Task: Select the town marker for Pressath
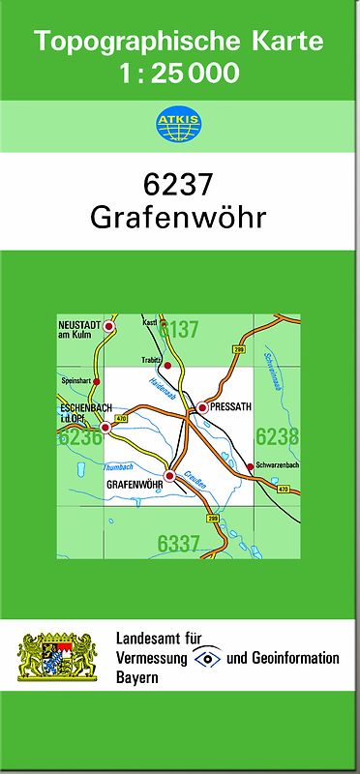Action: pos(202,408)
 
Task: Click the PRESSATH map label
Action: pos(230,408)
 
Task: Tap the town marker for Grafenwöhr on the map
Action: pos(170,476)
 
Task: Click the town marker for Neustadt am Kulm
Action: pos(109,328)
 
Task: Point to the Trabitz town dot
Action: pos(167,366)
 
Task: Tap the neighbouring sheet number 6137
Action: pos(179,330)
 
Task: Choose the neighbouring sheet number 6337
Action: pos(180,545)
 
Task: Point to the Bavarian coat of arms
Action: pos(58,657)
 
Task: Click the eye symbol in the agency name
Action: pos(207,658)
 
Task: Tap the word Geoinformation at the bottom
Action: pos(292,658)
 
